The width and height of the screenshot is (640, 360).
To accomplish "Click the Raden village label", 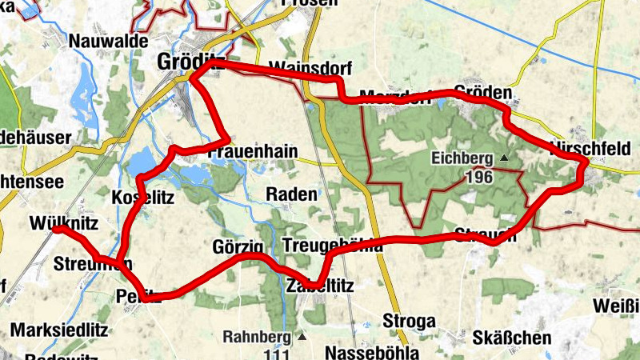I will pyautogui.click(x=291, y=194).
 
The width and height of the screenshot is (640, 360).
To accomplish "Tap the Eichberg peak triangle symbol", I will pyautogui.click(x=504, y=158).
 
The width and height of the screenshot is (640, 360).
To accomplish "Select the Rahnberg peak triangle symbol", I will pyautogui.click(x=302, y=336).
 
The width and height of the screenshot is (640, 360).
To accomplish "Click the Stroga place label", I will pyautogui.click(x=410, y=321).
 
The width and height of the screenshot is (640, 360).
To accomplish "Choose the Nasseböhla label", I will pyautogui.click(x=373, y=352).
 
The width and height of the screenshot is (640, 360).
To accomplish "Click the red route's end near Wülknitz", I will pyautogui.click(x=57, y=229).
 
